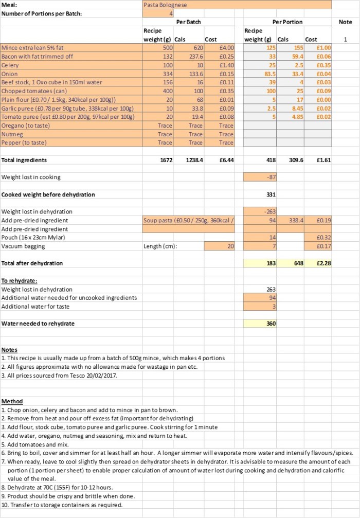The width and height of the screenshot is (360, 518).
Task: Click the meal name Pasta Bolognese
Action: coord(166,5)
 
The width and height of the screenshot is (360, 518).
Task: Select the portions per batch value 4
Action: coord(171,13)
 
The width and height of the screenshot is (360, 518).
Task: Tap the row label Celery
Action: coord(10,65)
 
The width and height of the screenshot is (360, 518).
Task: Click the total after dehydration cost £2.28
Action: coord(323,263)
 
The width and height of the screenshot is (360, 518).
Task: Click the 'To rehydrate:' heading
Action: coord(19,281)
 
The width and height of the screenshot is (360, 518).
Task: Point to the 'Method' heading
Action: coord(12,401)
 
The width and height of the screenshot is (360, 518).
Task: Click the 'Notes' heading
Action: coord(9,350)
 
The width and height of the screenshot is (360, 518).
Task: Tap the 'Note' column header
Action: coord(346,22)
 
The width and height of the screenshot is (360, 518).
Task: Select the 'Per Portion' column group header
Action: coord(287,22)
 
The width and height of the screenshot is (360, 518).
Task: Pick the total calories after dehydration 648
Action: coord(298,263)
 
